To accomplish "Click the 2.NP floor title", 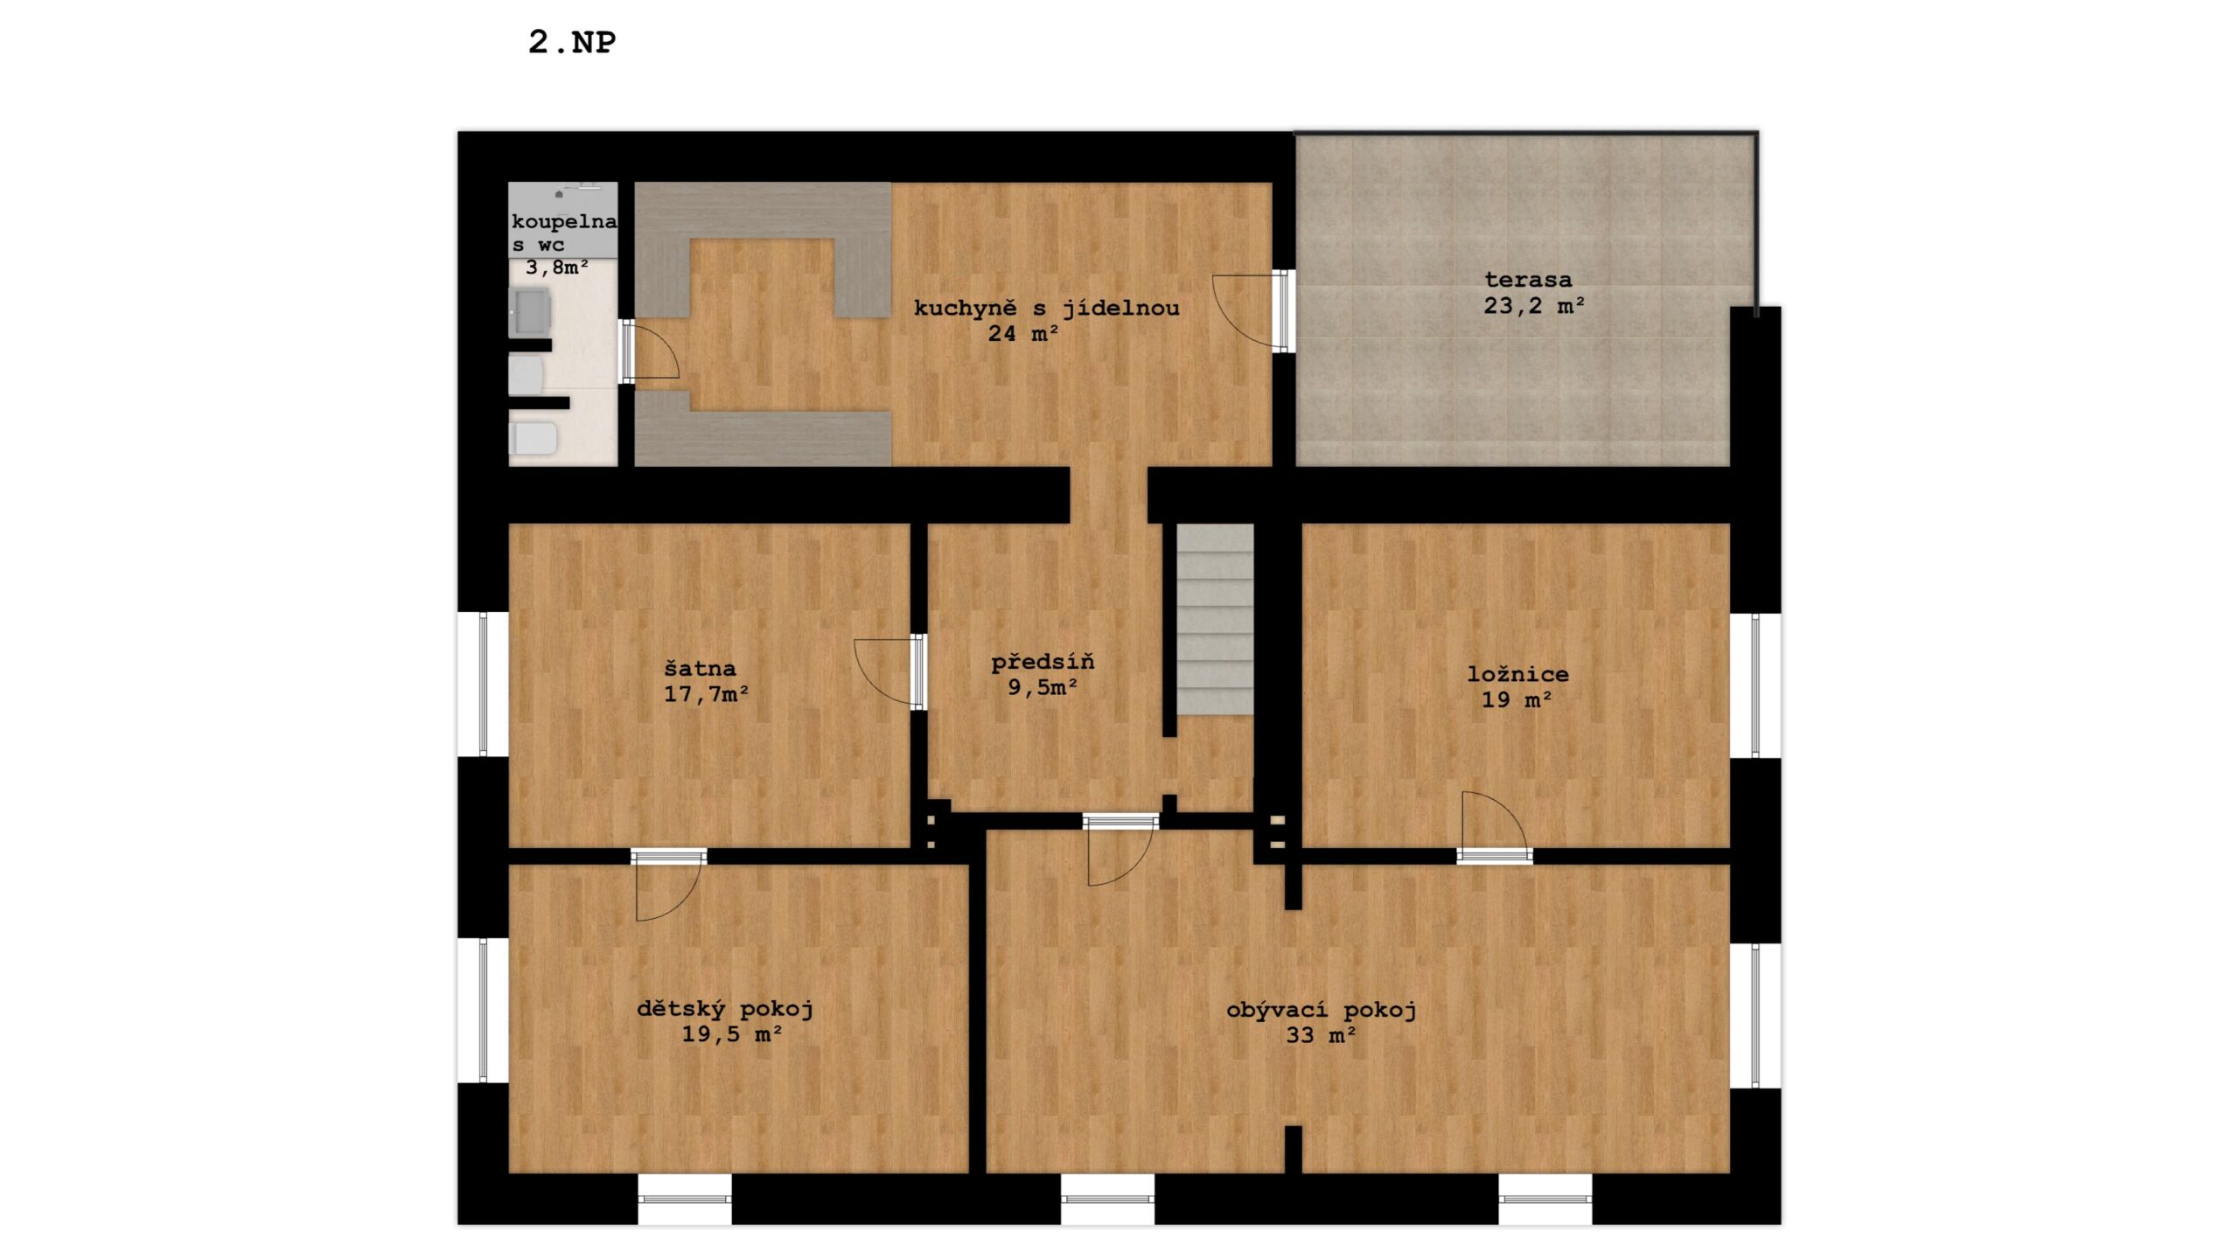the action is pyautogui.click(x=572, y=42).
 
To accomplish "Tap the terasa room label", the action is pyautogui.click(x=1528, y=280).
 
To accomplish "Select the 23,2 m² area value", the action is pyautogui.click(x=1534, y=305).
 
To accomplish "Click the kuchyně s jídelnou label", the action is pyautogui.click(x=1047, y=309).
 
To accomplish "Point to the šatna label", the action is pyautogui.click(x=700, y=669).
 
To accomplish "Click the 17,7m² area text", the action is pyautogui.click(x=706, y=694).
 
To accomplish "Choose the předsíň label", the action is pyautogui.click(x=1043, y=662).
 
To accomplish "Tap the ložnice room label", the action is pyautogui.click(x=1518, y=674).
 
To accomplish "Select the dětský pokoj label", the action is pyautogui.click(x=725, y=1009).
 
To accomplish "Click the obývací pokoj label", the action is pyautogui.click(x=1322, y=1011).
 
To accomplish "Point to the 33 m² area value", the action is pyautogui.click(x=1321, y=1036).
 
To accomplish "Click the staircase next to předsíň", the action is pyautogui.click(x=1215, y=619).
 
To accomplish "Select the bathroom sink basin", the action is pyautogui.click(x=530, y=311).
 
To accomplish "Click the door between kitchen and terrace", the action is pyautogui.click(x=1251, y=310).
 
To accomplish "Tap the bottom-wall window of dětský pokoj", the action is pyautogui.click(x=685, y=1200).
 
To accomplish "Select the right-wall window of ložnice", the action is pyautogui.click(x=1755, y=685).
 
